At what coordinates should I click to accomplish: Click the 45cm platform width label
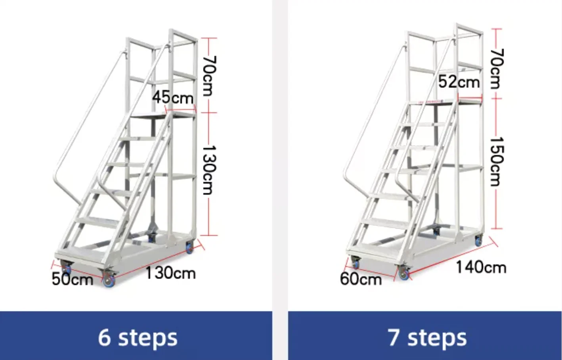[x=173, y=97]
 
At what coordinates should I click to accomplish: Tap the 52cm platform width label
[x=459, y=82]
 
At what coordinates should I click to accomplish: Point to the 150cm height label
[x=495, y=161]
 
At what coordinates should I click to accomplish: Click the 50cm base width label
[x=72, y=279]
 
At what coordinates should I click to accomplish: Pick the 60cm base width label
[x=361, y=279]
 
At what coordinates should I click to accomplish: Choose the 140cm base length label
[x=481, y=267]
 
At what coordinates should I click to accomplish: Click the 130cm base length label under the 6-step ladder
[x=170, y=273]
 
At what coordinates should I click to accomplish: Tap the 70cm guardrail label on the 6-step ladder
[x=209, y=76]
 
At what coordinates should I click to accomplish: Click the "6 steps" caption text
[x=138, y=337]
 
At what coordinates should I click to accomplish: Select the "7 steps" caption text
[x=427, y=337]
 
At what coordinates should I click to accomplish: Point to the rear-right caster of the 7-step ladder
[x=479, y=240]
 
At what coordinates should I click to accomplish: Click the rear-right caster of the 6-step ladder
[x=189, y=248]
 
